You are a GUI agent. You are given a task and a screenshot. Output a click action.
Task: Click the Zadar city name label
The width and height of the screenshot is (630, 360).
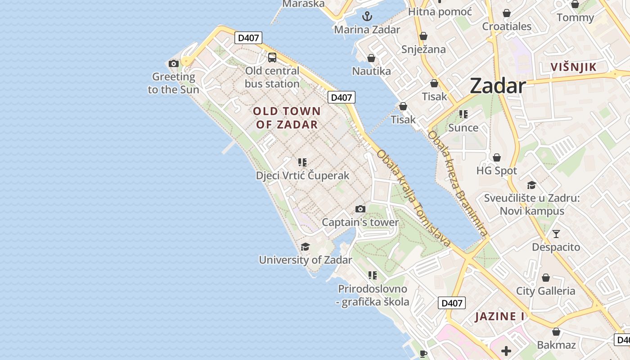[x=498, y=85]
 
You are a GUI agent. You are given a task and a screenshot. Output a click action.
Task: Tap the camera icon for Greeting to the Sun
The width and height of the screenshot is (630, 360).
[x=174, y=63]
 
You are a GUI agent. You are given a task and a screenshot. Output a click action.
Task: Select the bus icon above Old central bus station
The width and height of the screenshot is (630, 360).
[x=272, y=57]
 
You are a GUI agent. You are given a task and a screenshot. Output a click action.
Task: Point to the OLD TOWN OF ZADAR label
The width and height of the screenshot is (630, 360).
[x=287, y=118]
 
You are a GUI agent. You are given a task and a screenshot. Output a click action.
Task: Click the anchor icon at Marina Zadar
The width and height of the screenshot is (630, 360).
[x=368, y=17]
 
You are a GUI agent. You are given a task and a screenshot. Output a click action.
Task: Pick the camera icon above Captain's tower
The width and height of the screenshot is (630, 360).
[x=360, y=209]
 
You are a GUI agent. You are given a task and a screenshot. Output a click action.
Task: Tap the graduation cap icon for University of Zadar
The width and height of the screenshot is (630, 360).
[x=306, y=247]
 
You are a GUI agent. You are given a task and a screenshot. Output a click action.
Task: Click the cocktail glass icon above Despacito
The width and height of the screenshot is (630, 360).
[x=556, y=234]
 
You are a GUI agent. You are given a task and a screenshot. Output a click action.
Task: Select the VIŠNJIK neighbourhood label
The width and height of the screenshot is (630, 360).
[x=574, y=67]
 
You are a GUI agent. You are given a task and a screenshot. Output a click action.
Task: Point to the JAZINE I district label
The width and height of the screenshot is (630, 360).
[x=500, y=316]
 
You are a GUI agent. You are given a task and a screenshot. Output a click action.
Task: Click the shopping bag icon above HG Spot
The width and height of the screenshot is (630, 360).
[x=497, y=157]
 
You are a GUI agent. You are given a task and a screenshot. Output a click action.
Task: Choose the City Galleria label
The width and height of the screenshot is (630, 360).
[x=545, y=291]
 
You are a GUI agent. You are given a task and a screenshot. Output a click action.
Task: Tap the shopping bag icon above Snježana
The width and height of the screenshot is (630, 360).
[x=423, y=36]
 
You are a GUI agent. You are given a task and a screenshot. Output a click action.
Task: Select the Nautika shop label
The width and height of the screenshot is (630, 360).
[x=371, y=71]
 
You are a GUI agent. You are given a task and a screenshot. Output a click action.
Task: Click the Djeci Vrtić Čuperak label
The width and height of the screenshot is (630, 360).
[x=302, y=175]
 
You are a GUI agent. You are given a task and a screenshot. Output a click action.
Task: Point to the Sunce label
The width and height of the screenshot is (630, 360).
[x=463, y=128]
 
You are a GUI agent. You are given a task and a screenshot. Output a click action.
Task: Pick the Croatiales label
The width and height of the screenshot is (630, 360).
[x=507, y=27]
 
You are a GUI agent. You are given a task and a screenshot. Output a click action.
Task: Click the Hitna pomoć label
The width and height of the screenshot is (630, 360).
[x=440, y=12]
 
